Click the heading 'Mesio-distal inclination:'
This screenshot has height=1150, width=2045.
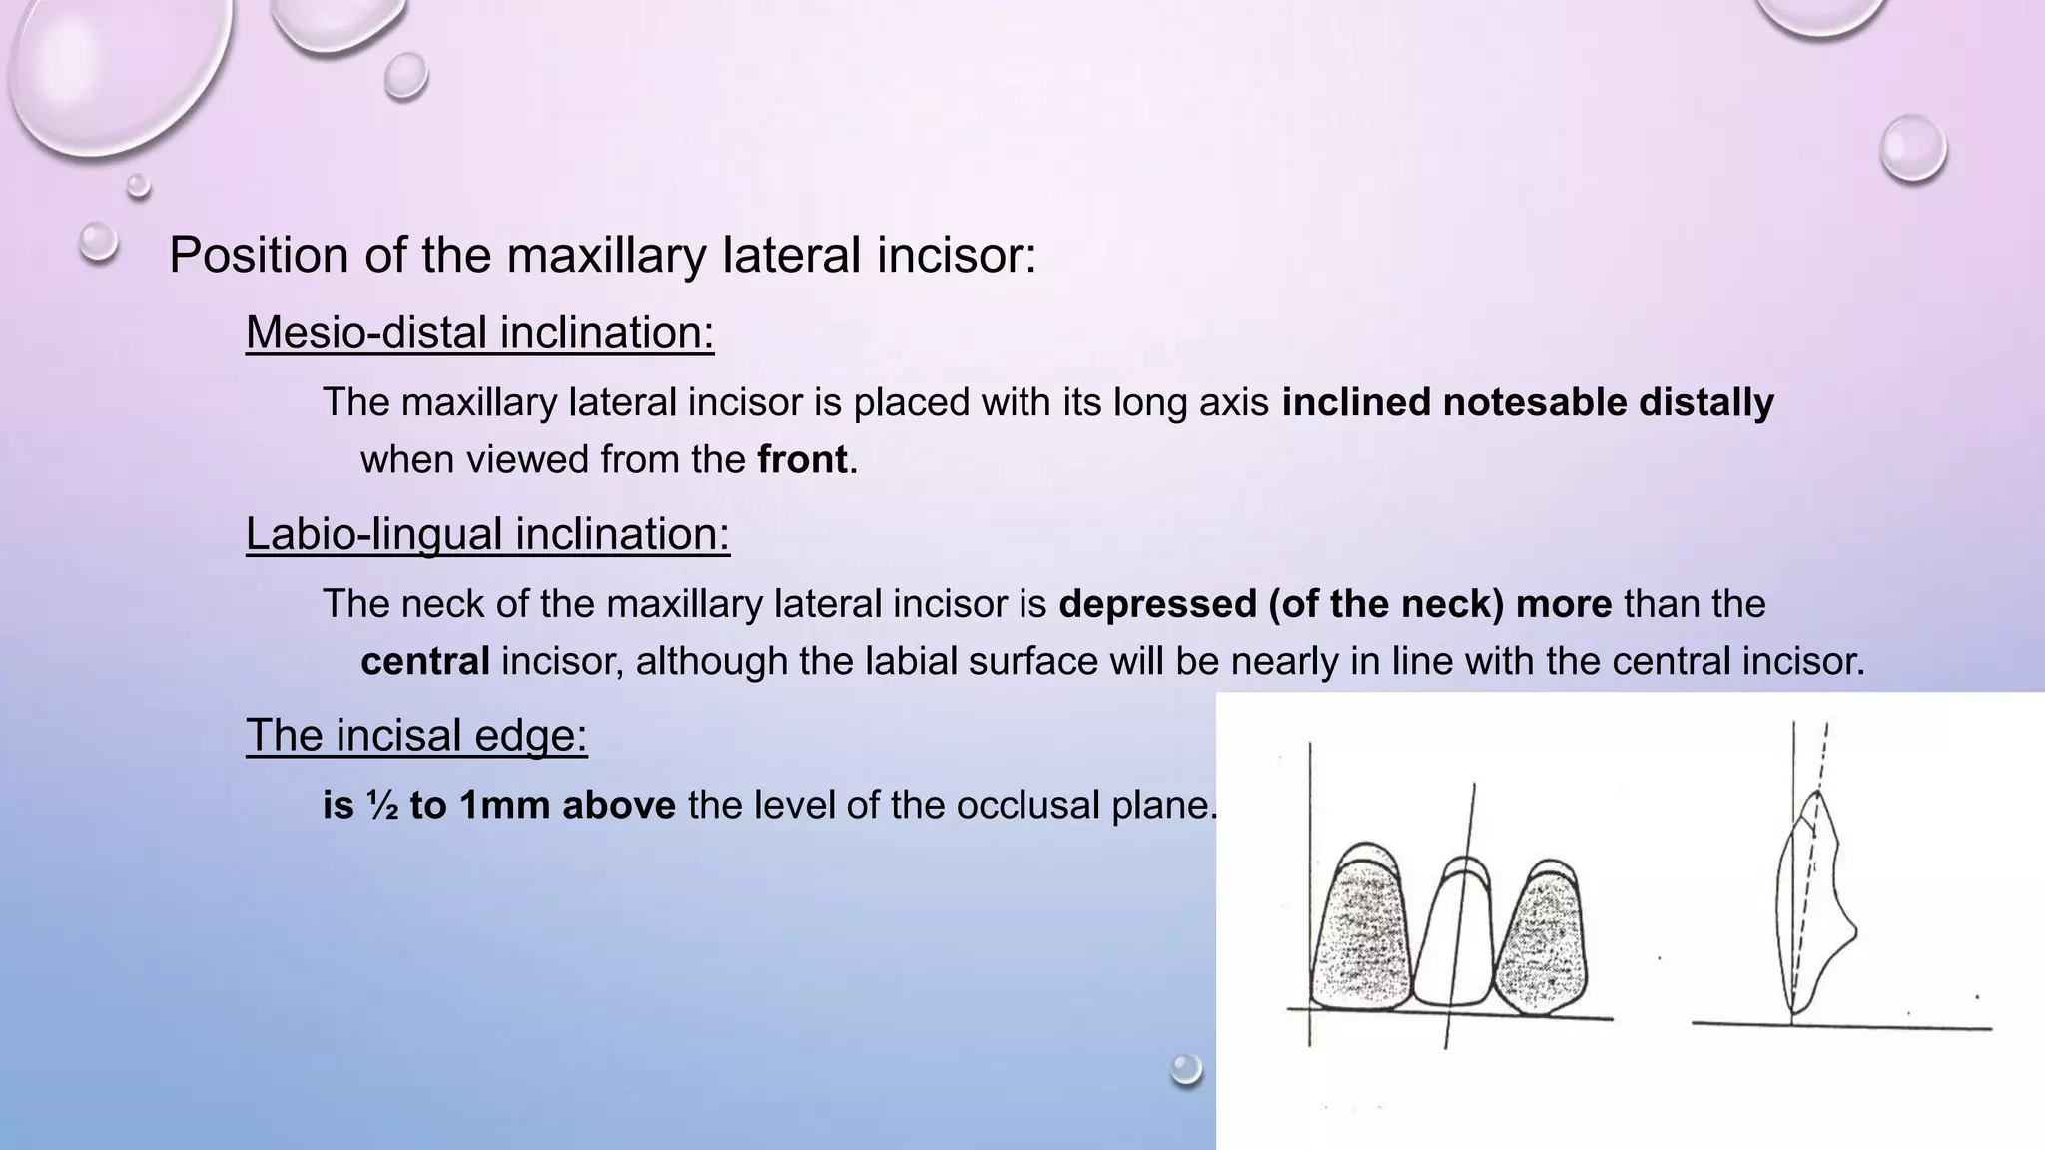479,333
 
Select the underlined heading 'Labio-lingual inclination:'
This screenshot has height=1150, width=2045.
487,534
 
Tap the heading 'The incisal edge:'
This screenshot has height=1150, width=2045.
416,736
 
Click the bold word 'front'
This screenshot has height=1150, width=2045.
802,460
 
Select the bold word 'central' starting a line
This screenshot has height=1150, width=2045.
424,661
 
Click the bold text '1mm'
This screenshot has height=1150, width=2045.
503,806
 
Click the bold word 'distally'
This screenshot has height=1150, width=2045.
1706,402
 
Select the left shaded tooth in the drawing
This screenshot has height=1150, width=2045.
1360,938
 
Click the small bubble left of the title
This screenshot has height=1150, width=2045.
98,242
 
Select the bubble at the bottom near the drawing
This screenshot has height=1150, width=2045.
1186,1069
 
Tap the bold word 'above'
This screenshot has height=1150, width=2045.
619,806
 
